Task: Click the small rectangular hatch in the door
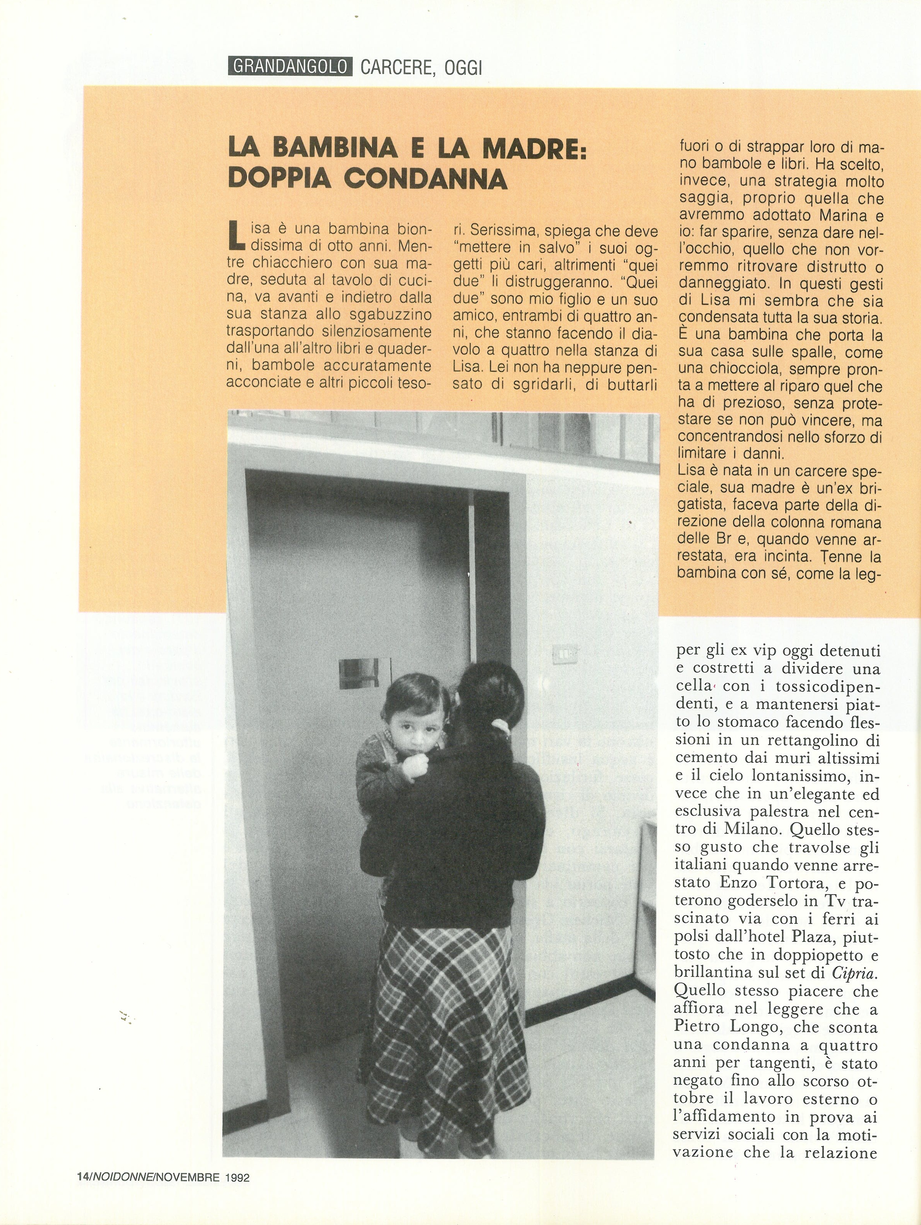tap(365, 673)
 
